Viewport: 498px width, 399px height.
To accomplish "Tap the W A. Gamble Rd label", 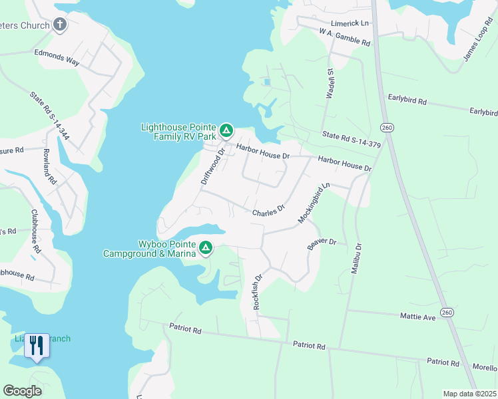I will click(x=344, y=37).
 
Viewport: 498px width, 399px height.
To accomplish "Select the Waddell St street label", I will click(x=330, y=83).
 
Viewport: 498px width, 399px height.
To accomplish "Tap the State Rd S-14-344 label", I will click(x=50, y=115).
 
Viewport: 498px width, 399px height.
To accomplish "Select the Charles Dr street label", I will click(x=268, y=212).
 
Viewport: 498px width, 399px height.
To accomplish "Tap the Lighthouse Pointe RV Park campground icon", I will click(x=226, y=130).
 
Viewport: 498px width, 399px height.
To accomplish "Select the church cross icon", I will click(x=60, y=26).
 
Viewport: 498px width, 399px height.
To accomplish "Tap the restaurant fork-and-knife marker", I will click(x=37, y=346).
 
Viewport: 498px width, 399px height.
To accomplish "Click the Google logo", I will click(x=22, y=390).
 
